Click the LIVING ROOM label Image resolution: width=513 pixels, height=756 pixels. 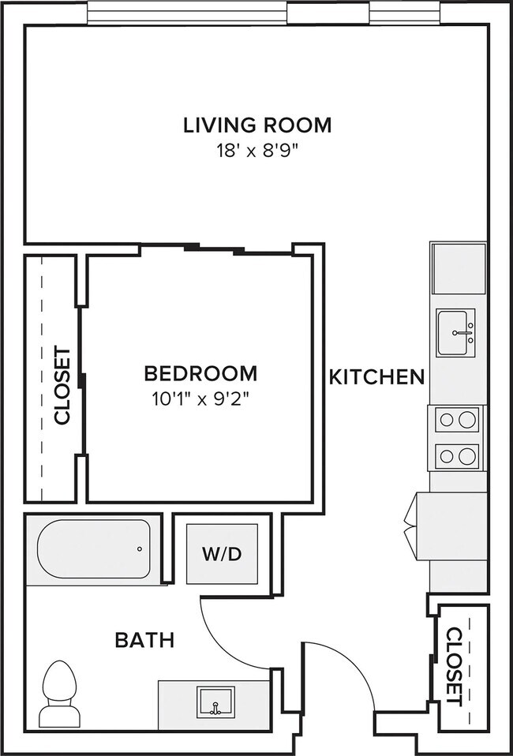pos(257,125)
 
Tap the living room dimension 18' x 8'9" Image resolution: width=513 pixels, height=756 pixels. pos(257,151)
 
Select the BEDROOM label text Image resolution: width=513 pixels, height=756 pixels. pos(200,373)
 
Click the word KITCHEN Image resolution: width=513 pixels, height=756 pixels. pos(376,377)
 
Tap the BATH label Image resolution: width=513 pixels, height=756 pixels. pos(144,640)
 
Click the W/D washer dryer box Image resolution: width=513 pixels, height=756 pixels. pos(222,554)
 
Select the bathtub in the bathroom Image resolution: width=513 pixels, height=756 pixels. pos(93,549)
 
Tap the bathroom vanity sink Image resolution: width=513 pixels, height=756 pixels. pos(215,701)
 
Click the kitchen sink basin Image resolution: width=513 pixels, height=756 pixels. pos(456,332)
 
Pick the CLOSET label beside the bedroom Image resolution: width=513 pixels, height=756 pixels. pos(62,386)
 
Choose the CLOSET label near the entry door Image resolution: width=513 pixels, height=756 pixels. pos(453,666)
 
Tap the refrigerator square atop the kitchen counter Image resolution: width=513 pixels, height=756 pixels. pos(458,268)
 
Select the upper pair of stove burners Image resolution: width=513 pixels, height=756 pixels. pos(458,419)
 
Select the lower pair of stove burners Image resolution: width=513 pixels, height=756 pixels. pos(458,455)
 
